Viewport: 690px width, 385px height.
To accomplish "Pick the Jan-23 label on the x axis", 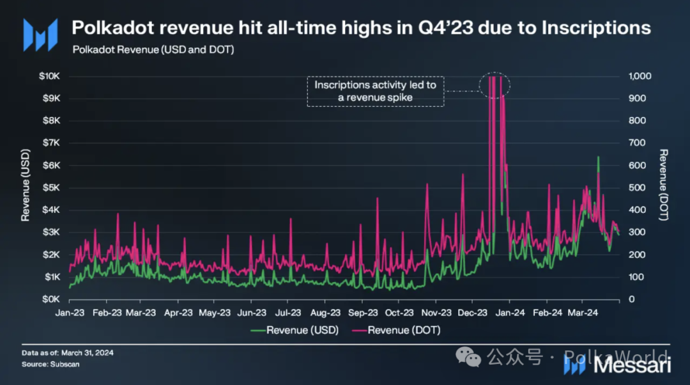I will (x=70, y=313).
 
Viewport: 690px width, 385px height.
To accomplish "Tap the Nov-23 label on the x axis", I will (x=437, y=313).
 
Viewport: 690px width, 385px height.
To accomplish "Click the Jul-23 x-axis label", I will (x=289, y=313).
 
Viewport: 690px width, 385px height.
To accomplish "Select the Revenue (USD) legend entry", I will (x=293, y=330).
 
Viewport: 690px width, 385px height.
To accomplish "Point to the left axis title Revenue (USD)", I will (x=26, y=187).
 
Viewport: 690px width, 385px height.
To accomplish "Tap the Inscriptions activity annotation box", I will (x=375, y=91).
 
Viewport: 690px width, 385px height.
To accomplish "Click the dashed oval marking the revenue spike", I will (x=495, y=85).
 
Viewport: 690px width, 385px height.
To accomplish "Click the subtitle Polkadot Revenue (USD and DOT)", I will (x=153, y=49).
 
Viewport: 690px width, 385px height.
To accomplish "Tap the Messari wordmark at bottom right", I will (x=632, y=366).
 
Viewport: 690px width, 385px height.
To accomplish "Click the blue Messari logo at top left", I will (x=40, y=35).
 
